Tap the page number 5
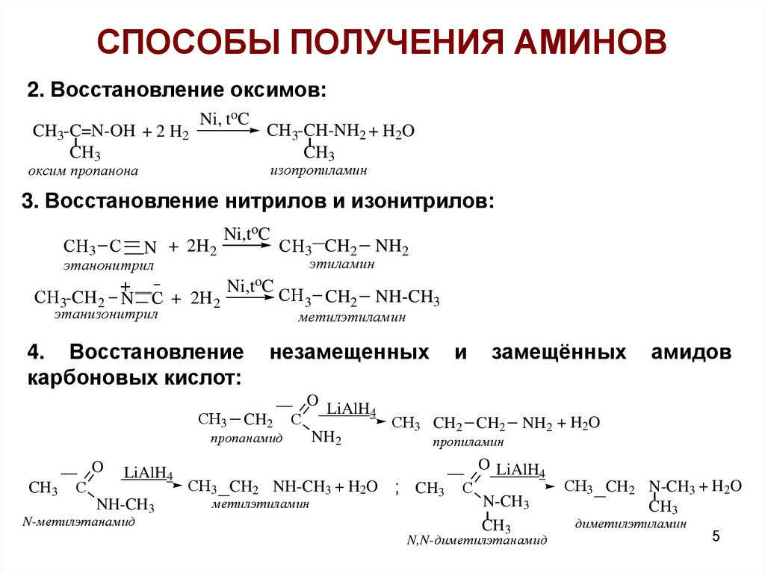[x=716, y=537]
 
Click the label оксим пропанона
[x=84, y=171]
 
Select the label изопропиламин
[x=319, y=170]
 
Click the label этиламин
[x=341, y=264]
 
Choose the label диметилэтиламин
[x=631, y=524]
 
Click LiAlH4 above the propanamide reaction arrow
[x=348, y=409]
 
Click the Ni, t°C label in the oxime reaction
[x=223, y=119]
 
